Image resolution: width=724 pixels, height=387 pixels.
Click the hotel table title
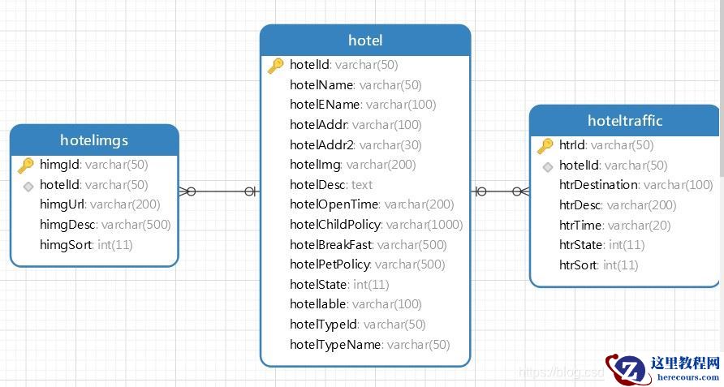[365, 41]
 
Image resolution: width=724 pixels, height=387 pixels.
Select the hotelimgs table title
[94, 140]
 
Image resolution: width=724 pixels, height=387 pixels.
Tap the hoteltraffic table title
[625, 121]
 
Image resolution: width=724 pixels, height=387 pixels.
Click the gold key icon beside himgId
[26, 166]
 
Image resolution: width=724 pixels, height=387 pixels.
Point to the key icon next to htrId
[545, 146]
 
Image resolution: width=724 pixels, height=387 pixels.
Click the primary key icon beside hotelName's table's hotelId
[276, 66]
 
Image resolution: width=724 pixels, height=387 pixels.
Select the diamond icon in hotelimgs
[28, 186]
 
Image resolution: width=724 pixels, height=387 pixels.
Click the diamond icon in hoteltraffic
[548, 166]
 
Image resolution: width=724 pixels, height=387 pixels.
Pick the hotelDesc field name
[317, 185]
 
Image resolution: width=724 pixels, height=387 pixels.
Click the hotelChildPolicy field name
[336, 225]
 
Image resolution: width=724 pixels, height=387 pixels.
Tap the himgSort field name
[66, 245]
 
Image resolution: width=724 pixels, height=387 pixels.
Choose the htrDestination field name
[599, 185]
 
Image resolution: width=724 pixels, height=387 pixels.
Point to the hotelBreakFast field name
[331, 245]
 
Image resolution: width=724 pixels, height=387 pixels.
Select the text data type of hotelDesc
[362, 185]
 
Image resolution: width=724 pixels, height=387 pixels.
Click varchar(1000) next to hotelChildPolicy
[424, 225]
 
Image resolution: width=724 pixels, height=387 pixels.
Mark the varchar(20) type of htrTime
[639, 226]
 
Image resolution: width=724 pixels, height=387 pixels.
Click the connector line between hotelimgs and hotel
[219, 191]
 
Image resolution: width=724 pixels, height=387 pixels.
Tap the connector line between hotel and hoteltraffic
[500, 191]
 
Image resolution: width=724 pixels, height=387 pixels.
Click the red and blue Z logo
[627, 369]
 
